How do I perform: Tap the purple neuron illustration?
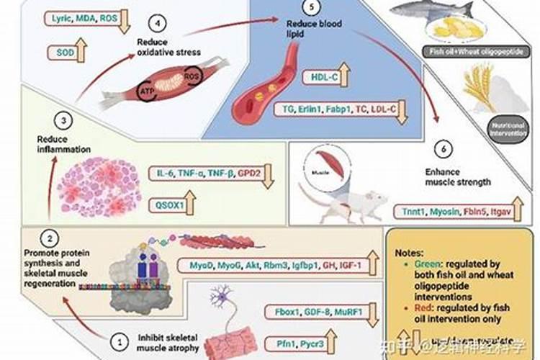click(x=220, y=302)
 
